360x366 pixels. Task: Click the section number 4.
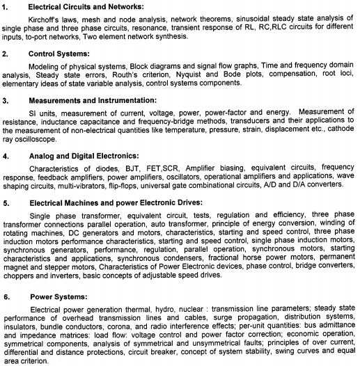click(x=6, y=156)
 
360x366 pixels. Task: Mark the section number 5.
click(x=6, y=202)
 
